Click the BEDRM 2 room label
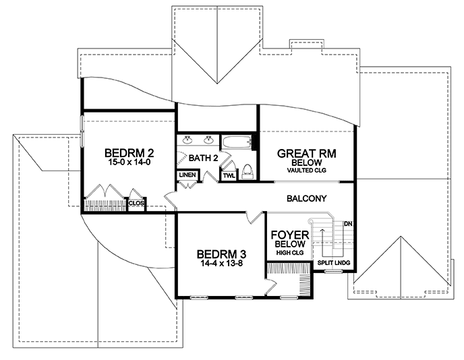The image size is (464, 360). (x=129, y=153)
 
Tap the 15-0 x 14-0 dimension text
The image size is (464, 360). (x=129, y=162)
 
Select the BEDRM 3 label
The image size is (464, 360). (x=222, y=254)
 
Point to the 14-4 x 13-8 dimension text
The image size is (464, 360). (x=222, y=263)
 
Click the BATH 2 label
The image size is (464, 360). (x=203, y=158)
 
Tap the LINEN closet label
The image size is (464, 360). (x=187, y=175)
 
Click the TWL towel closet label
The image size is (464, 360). (x=229, y=176)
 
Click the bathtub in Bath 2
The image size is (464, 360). (x=237, y=143)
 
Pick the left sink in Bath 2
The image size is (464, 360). (x=187, y=140)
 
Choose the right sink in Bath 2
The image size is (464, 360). (x=209, y=140)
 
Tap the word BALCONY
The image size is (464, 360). (x=307, y=198)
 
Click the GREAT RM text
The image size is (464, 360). (x=307, y=154)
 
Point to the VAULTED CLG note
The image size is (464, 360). (x=307, y=171)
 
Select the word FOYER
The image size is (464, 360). (x=290, y=235)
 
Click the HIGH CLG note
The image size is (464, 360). (x=290, y=253)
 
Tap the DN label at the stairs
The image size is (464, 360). (x=348, y=224)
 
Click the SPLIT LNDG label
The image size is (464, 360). (x=334, y=263)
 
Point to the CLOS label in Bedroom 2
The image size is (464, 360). (x=136, y=203)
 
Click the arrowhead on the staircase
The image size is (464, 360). (x=322, y=229)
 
